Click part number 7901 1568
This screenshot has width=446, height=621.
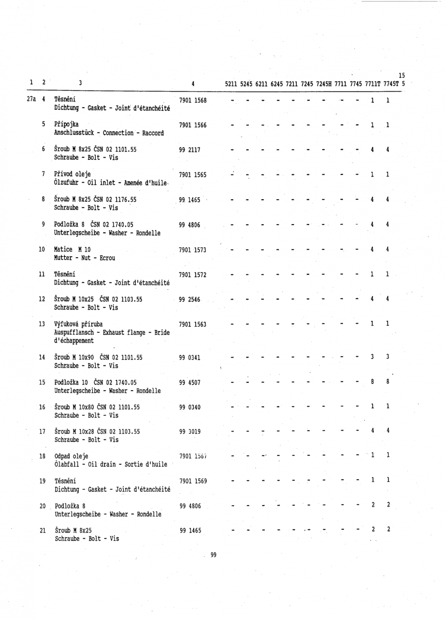[192, 100]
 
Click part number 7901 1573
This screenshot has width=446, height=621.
[192, 250]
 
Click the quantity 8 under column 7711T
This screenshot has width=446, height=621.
[372, 382]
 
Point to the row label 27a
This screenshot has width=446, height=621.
[31, 99]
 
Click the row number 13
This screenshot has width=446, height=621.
[42, 324]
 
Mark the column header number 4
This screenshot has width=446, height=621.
[193, 83]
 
